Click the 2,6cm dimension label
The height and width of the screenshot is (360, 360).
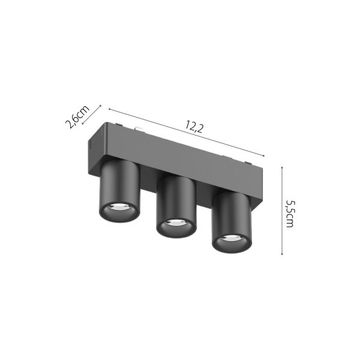coord(77,116)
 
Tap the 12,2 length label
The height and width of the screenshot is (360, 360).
coord(193,127)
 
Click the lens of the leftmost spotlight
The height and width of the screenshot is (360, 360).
coord(119,211)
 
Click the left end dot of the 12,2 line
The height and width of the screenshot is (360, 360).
coord(109,109)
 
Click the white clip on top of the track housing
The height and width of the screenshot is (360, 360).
coord(138,128)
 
